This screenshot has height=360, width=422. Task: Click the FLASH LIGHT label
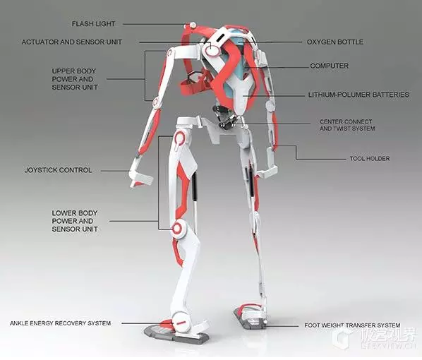[x=93, y=24]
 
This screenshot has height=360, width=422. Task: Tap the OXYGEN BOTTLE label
[x=335, y=42]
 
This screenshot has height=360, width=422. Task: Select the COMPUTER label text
[x=329, y=66]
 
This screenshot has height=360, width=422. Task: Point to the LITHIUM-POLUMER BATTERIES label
[x=358, y=95]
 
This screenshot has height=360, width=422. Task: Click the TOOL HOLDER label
[x=370, y=159]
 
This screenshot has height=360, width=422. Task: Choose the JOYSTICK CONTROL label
[x=58, y=170]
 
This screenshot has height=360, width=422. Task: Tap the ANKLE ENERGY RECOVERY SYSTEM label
[x=60, y=323]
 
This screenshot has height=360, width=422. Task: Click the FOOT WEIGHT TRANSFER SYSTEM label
[x=352, y=325]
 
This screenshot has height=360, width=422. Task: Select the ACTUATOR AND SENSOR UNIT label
[x=72, y=42]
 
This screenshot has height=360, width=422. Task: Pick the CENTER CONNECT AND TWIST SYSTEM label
[x=347, y=125]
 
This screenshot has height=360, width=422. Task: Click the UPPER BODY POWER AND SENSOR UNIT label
[x=75, y=79]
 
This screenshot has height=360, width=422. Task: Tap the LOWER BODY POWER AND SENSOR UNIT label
[x=75, y=221]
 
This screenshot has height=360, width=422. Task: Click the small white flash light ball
[x=193, y=25]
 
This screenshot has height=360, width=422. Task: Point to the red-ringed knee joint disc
[x=178, y=229]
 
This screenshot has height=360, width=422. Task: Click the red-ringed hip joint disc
[x=179, y=139]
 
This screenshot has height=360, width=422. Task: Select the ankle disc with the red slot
[x=181, y=321]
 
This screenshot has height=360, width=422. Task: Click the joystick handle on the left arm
[x=140, y=177]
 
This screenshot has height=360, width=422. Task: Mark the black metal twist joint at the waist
[x=224, y=116]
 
